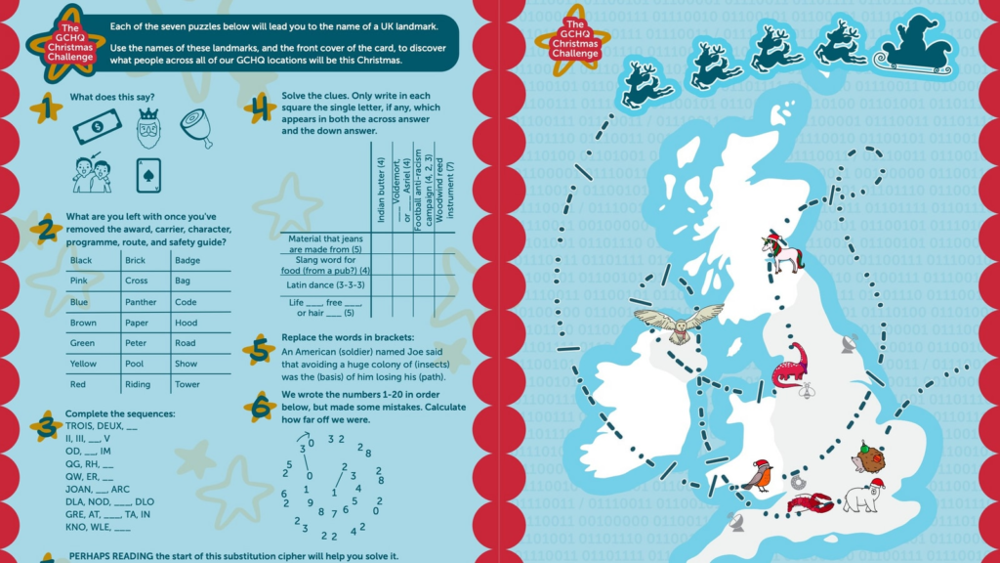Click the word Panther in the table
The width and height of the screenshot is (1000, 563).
point(141,302)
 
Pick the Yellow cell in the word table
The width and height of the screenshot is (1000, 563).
point(84,364)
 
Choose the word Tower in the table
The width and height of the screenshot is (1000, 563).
point(187,384)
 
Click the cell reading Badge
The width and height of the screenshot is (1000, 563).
point(187,261)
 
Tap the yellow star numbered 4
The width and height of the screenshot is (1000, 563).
point(259,108)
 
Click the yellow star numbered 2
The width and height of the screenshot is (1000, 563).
point(45,230)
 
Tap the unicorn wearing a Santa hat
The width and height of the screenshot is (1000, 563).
point(783,253)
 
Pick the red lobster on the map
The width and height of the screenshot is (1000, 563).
point(810,503)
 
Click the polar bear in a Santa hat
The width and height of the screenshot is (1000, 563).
point(859,497)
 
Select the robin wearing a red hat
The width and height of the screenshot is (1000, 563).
point(758,474)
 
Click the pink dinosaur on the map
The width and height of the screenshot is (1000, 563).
point(790,366)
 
